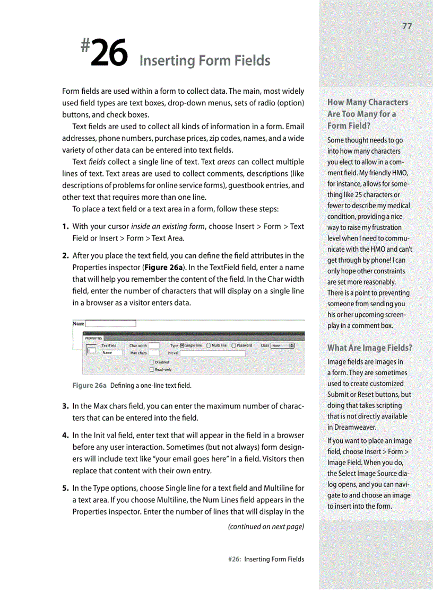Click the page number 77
pyautogui.click(x=407, y=26)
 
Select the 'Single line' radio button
pyautogui.click(x=183, y=345)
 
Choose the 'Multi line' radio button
pyautogui.click(x=208, y=345)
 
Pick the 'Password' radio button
pyautogui.click(x=234, y=345)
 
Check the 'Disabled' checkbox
pyautogui.click(x=152, y=363)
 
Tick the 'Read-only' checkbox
pyautogui.click(x=152, y=370)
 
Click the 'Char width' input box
pyautogui.click(x=154, y=345)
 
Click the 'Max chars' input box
pyautogui.click(x=154, y=353)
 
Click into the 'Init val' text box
pyautogui.click(x=212, y=353)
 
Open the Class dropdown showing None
pyautogui.click(x=282, y=345)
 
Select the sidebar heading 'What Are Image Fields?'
pyautogui.click(x=369, y=348)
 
